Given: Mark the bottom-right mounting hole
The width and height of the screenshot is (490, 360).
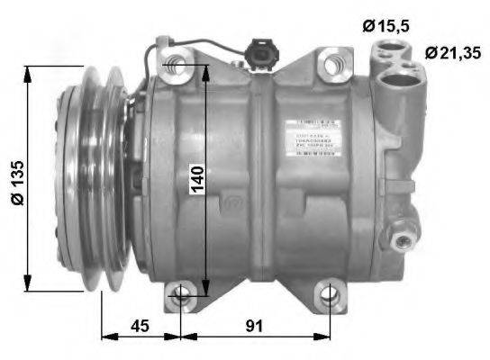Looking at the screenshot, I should tap(331, 292).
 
